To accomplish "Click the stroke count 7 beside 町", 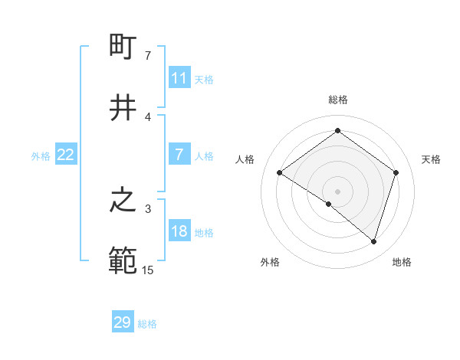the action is (x=147, y=56).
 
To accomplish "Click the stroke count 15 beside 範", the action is (x=147, y=270).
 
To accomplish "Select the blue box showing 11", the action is (x=179, y=78).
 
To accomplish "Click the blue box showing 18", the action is (x=179, y=232).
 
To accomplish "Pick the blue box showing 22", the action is (x=66, y=155).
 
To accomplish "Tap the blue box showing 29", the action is (x=123, y=322).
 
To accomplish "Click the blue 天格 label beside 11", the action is (x=204, y=79).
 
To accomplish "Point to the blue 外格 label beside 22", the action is (x=41, y=155).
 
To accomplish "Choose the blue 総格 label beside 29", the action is (x=147, y=323).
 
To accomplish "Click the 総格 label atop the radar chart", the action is (x=338, y=100).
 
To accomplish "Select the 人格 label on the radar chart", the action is (x=245, y=159).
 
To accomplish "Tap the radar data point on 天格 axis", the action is (x=396, y=173).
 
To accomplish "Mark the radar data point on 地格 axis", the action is (x=373, y=241).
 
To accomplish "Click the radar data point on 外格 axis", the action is (x=329, y=204).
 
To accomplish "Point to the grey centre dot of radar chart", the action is (x=338, y=191).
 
